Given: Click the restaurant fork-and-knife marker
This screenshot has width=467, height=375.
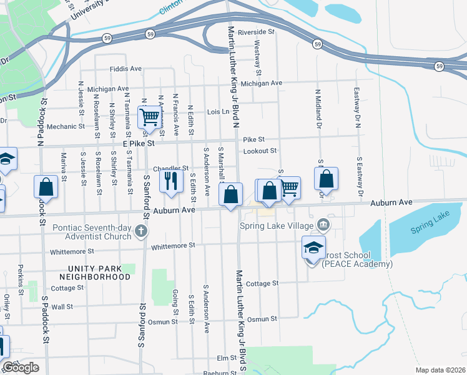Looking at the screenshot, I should (x=169, y=181).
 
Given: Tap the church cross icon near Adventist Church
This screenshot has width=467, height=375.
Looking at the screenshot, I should (x=142, y=232).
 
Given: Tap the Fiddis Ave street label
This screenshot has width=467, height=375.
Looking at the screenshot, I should (x=125, y=69).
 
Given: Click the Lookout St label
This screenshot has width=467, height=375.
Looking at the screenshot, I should (x=260, y=151).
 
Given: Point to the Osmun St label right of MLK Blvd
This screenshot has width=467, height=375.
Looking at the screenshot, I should (x=262, y=319).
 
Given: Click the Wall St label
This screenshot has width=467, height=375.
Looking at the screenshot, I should (x=62, y=307).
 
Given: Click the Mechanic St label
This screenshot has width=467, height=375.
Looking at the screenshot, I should (x=66, y=127).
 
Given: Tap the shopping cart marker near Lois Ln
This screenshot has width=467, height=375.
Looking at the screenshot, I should (x=149, y=116).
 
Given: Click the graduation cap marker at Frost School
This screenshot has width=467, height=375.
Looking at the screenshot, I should (x=313, y=247).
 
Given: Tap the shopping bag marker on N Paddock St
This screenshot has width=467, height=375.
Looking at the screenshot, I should (x=46, y=186).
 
